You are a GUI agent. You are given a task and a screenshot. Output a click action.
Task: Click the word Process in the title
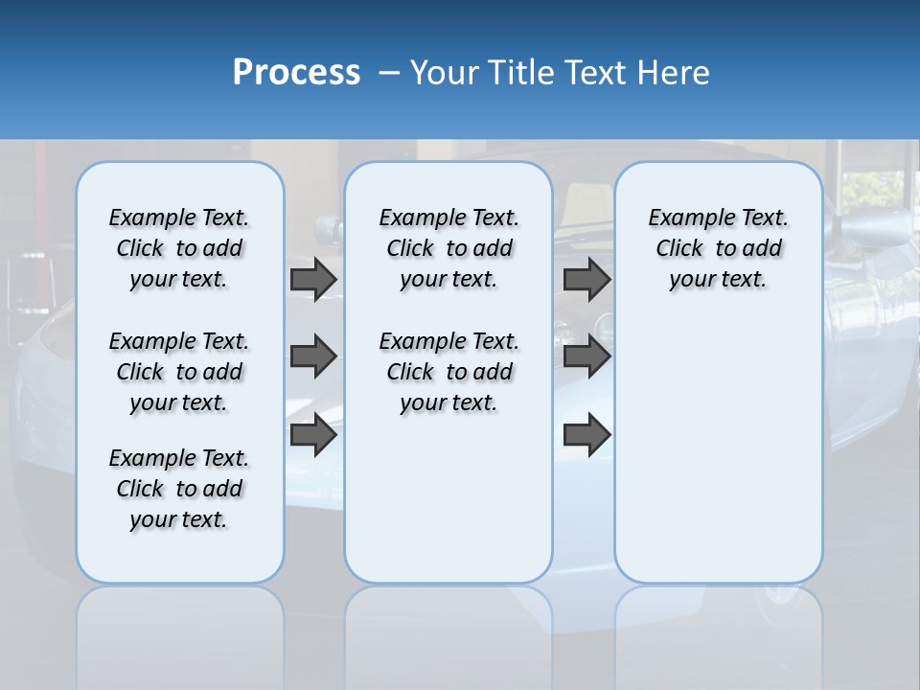[296, 73]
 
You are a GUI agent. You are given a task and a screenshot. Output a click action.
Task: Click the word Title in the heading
[520, 73]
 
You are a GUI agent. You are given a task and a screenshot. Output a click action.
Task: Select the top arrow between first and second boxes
[312, 279]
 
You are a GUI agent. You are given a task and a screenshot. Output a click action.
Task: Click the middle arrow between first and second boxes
[312, 356]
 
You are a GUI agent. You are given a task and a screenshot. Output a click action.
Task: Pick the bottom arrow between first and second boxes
[312, 435]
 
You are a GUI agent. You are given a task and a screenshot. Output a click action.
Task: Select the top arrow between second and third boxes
[586, 279]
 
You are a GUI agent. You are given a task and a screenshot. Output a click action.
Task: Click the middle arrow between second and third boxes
[586, 356]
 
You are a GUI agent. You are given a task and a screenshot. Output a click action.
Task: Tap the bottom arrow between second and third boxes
[586, 435]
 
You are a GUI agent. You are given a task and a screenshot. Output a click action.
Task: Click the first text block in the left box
[179, 248]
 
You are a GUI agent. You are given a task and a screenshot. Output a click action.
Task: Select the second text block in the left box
[179, 372]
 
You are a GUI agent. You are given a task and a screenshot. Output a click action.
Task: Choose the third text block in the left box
[179, 489]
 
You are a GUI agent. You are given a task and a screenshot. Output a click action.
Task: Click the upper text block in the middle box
[448, 248]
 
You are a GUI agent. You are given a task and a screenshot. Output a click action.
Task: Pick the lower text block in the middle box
[448, 372]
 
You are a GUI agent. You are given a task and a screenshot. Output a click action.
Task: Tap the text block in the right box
[718, 248]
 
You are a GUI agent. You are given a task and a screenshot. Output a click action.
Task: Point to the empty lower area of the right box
[718, 450]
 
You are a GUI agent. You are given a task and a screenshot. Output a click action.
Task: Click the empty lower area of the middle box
[448, 498]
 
